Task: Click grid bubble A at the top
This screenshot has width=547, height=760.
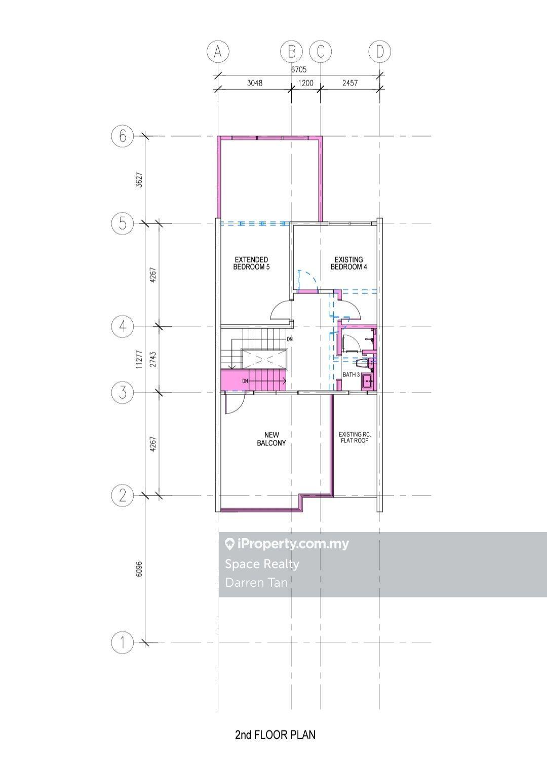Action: tap(218, 52)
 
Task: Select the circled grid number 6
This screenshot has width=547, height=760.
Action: tap(122, 136)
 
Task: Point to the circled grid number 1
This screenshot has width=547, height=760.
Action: tap(122, 642)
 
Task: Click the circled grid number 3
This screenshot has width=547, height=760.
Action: tap(122, 393)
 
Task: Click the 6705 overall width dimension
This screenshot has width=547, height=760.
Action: tap(298, 69)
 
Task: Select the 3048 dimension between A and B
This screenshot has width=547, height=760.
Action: tap(254, 83)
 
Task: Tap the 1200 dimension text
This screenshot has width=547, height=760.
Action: tap(305, 83)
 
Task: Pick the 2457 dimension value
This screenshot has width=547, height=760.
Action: tap(350, 83)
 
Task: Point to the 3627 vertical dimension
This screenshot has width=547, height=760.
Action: tap(139, 180)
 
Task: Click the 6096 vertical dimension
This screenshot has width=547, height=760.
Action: tap(139, 568)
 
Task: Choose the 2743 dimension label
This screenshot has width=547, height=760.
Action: tap(153, 359)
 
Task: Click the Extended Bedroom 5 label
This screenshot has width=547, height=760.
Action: tap(251, 263)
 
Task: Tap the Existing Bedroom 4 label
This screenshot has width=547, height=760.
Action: tap(349, 263)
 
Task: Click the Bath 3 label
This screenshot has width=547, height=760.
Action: tap(351, 375)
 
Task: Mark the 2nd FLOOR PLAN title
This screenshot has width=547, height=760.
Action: tap(275, 735)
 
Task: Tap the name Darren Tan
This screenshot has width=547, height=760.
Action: tap(256, 583)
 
